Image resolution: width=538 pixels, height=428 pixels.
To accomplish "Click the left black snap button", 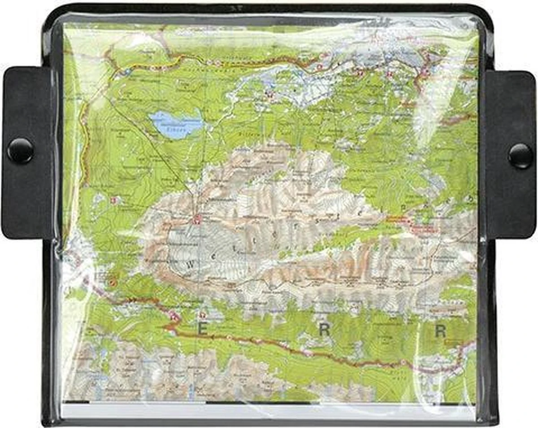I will click(20, 151).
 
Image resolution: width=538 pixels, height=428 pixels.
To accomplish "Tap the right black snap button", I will click(520, 155).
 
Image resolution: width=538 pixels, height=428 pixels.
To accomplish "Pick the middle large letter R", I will click(325, 330).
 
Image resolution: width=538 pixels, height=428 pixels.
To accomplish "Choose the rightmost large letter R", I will click(440, 331).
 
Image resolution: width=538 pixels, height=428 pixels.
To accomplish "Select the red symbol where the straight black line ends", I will click(196, 219).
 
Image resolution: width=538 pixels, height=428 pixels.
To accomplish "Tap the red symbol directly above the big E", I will click(204, 315).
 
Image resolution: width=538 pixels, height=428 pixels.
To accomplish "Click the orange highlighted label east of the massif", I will click(396, 219).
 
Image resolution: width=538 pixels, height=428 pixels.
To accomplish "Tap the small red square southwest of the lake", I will click(113, 200).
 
